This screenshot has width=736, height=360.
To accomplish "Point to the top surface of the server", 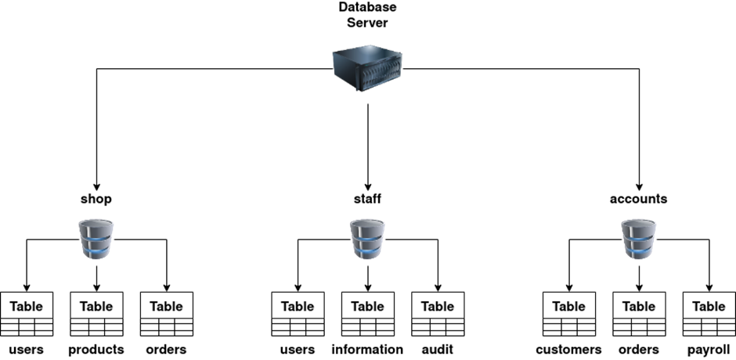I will (364, 53).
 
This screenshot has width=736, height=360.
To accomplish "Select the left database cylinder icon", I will (96, 239).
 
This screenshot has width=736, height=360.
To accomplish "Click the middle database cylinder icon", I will (367, 239).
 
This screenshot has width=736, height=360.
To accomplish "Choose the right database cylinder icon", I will (639, 239).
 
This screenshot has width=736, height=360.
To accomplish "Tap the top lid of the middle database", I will (367, 225).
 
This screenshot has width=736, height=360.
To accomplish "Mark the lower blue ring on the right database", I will (639, 251).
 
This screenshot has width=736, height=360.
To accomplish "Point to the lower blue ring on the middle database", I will (367, 251).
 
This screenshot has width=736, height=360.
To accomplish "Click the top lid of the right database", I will (639, 225).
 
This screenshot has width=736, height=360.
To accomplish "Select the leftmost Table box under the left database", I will (27, 306).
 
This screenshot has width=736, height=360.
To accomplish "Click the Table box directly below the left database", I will (96, 306).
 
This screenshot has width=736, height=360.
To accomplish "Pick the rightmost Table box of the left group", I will (166, 306).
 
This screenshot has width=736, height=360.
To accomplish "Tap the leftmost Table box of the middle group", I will (298, 306).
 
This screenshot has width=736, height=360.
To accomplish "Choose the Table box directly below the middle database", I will (367, 306).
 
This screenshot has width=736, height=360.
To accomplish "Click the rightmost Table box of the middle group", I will (438, 306).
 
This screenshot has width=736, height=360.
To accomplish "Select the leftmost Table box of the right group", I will (569, 306).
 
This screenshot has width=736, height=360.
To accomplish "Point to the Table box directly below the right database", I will (639, 306).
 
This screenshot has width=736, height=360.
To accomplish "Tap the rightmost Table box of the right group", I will (709, 306).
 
